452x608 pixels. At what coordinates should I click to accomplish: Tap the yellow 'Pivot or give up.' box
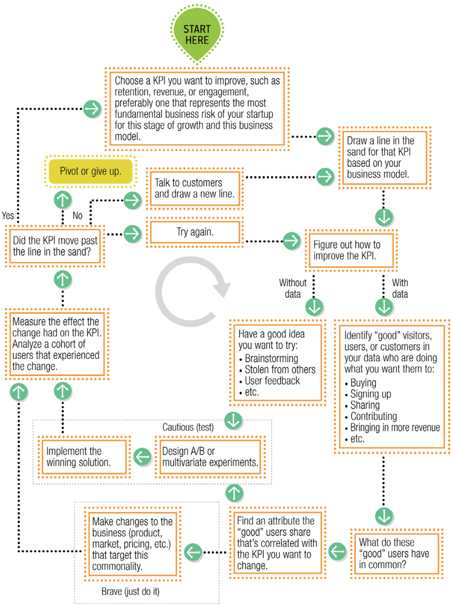click(x=91, y=172)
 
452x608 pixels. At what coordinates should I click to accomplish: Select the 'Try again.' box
click(x=195, y=232)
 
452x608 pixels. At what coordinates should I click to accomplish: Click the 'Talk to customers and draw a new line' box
click(x=195, y=189)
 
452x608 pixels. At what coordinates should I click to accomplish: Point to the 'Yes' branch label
click(x=8, y=216)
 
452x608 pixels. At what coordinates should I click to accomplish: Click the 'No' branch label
click(x=77, y=216)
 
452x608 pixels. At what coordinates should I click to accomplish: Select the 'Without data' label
click(x=292, y=288)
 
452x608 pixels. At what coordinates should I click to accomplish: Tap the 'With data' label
click(x=400, y=288)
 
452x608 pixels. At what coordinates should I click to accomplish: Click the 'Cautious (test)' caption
click(x=188, y=427)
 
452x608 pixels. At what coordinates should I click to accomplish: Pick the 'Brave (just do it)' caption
click(x=130, y=591)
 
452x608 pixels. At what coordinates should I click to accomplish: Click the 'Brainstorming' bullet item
click(x=271, y=358)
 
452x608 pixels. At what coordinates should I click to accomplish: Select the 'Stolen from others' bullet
click(x=280, y=370)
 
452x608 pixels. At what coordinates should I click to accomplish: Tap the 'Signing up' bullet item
click(x=371, y=394)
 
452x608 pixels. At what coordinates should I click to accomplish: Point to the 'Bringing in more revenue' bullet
click(x=395, y=427)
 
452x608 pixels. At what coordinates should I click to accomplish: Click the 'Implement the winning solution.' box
click(x=84, y=457)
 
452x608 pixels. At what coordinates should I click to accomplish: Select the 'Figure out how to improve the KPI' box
click(x=352, y=250)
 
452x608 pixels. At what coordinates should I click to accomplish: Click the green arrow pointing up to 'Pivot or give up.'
click(x=63, y=199)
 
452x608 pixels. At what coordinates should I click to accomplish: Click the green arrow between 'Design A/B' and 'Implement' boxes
click(x=142, y=456)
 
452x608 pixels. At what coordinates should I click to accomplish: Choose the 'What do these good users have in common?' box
click(x=397, y=554)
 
